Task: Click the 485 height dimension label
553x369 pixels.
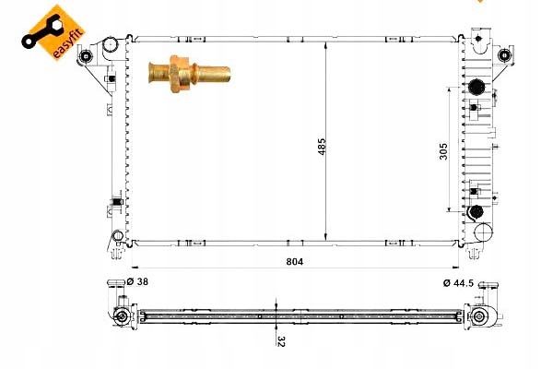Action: click(x=322, y=147)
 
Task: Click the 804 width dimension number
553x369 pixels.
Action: click(x=295, y=262)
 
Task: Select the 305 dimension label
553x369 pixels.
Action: click(x=443, y=151)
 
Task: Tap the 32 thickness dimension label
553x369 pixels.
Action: click(x=281, y=341)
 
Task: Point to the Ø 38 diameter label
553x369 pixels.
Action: click(x=137, y=281)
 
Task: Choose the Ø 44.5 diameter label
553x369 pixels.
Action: click(x=458, y=283)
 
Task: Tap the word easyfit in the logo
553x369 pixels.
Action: click(x=67, y=43)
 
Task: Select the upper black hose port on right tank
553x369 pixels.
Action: click(x=477, y=87)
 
